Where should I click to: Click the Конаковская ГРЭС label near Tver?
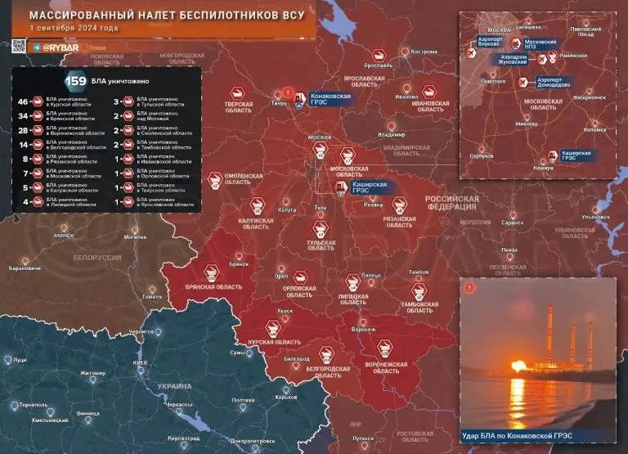(x=330, y=99)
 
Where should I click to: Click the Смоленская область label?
(x=243, y=180)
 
